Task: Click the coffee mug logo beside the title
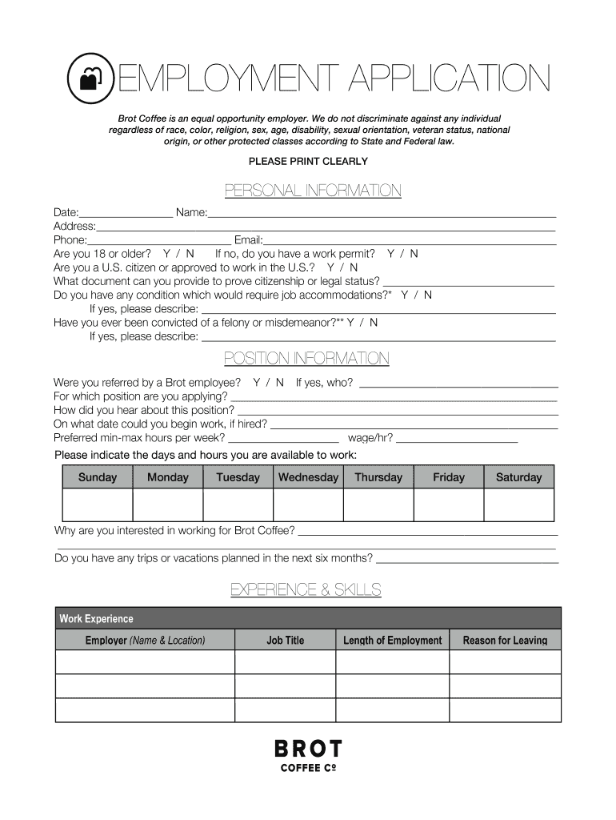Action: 91,78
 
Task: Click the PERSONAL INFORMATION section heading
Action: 313,191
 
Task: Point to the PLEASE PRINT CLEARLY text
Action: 308,161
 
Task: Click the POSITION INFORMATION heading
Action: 306,358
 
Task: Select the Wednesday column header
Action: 308,477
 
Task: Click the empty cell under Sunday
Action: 98,504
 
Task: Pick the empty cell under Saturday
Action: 518,504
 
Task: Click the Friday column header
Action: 448,477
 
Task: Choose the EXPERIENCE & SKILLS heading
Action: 306,590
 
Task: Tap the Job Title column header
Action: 285,640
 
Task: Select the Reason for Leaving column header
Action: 505,640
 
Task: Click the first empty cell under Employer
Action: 145,662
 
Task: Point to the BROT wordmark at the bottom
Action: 308,750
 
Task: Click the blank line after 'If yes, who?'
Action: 458,384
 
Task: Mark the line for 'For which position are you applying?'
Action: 394,398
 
